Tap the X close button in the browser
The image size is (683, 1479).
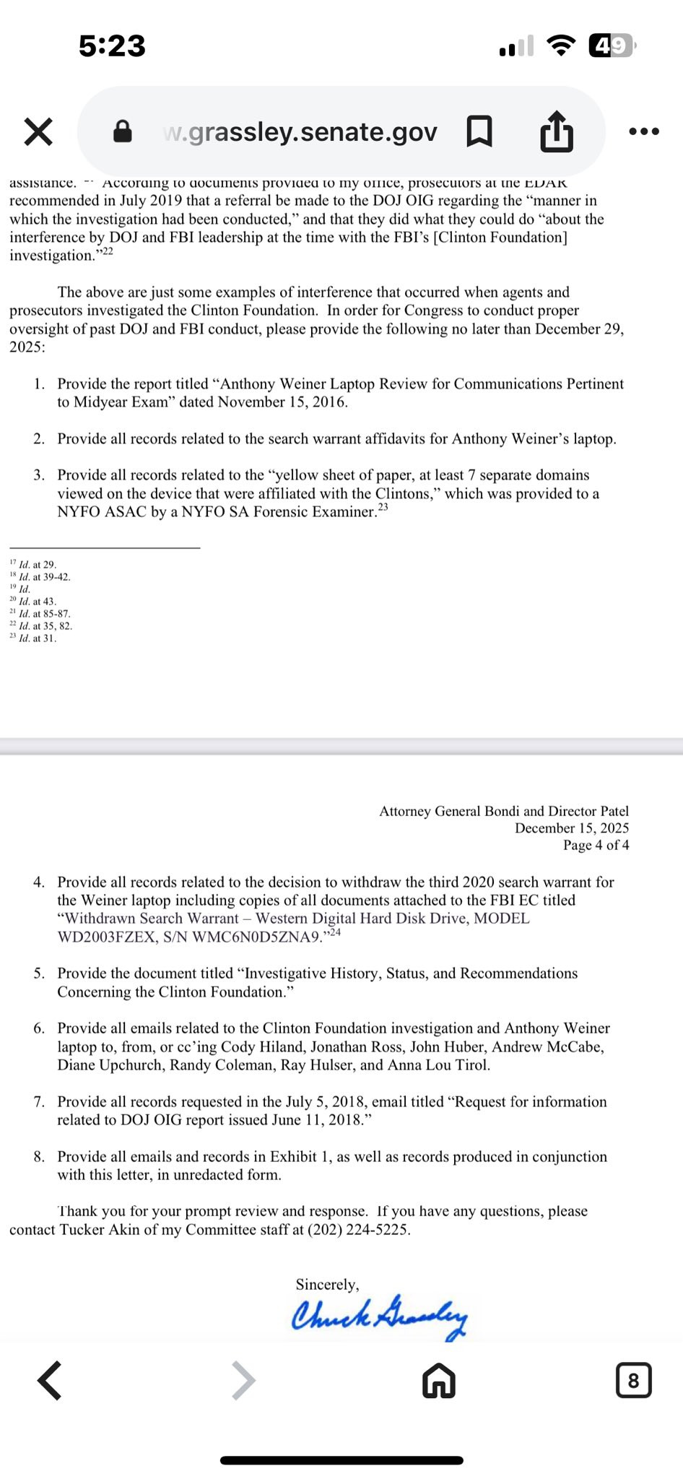[38, 132]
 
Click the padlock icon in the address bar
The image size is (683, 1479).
[123, 131]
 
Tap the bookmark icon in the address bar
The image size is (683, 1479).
[479, 131]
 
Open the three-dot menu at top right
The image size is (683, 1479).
[644, 131]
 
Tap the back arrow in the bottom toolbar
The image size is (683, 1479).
[50, 1380]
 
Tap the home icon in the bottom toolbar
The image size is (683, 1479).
[439, 1381]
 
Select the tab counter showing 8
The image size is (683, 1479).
[633, 1380]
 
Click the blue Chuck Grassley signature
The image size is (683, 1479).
[379, 1315]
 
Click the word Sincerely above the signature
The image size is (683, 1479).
[327, 1284]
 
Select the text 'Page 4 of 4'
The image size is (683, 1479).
[596, 845]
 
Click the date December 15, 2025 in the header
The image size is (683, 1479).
[571, 828]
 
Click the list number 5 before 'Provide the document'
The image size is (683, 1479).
[39, 973]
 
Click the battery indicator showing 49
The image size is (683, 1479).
[612, 46]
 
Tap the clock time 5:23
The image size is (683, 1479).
[112, 46]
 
